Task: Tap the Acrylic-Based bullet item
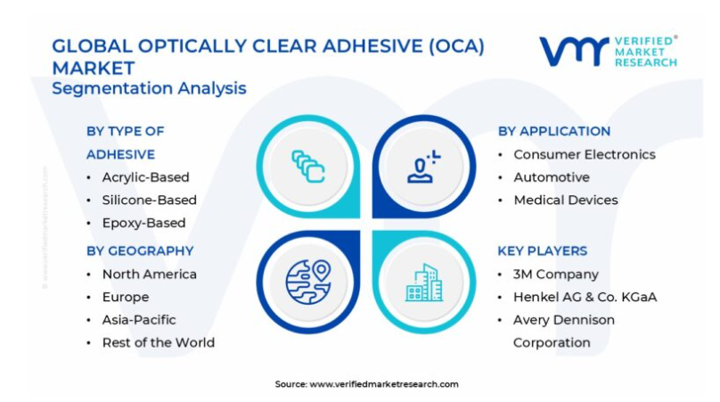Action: [x=145, y=177]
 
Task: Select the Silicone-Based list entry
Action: [x=149, y=201]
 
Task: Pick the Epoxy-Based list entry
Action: [x=143, y=223]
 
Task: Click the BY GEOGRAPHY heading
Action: [x=140, y=250]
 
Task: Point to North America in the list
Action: [x=149, y=275]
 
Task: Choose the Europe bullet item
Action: [x=126, y=297]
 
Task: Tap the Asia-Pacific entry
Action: [x=139, y=320]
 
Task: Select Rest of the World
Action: [x=159, y=343]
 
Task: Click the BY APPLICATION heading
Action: [x=554, y=131]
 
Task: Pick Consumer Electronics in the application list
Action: [x=585, y=154]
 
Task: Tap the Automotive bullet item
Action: [x=552, y=177]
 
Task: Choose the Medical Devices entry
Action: [x=566, y=201]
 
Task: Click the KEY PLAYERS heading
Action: [x=543, y=250]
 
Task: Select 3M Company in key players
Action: [x=556, y=275]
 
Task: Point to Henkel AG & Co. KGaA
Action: [x=585, y=297]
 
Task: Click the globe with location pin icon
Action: [x=308, y=282]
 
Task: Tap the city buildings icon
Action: [x=424, y=283]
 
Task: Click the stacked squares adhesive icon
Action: [x=308, y=167]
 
